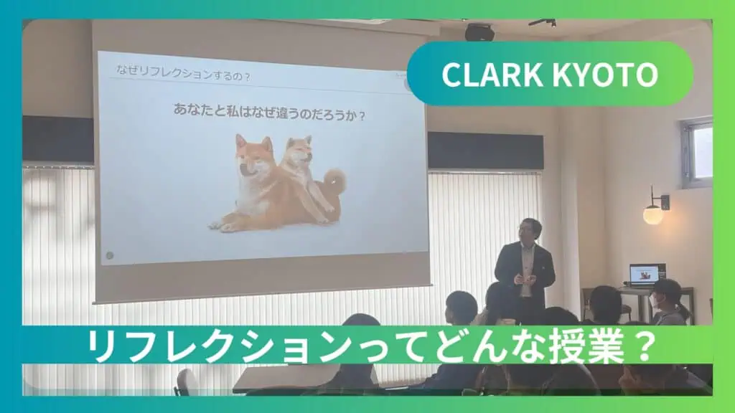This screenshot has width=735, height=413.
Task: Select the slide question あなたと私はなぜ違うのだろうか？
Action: (x=269, y=113)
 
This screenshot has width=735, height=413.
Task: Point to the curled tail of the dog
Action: (x=334, y=180)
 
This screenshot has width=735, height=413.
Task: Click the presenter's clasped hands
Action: (x=524, y=279)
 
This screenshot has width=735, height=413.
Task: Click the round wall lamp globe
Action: (x=653, y=214)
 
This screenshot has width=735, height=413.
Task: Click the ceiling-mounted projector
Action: (x=479, y=32)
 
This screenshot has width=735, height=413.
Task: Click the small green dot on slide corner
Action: (x=110, y=255)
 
